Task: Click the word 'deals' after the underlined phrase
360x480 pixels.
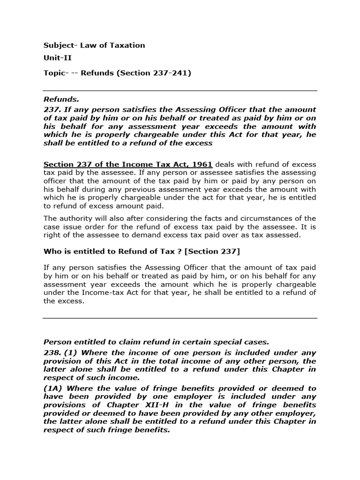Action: click(x=225, y=165)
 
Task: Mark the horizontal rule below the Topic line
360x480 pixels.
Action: click(x=180, y=91)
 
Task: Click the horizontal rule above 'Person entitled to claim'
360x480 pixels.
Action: click(x=180, y=318)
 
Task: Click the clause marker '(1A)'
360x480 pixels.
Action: click(x=53, y=388)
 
